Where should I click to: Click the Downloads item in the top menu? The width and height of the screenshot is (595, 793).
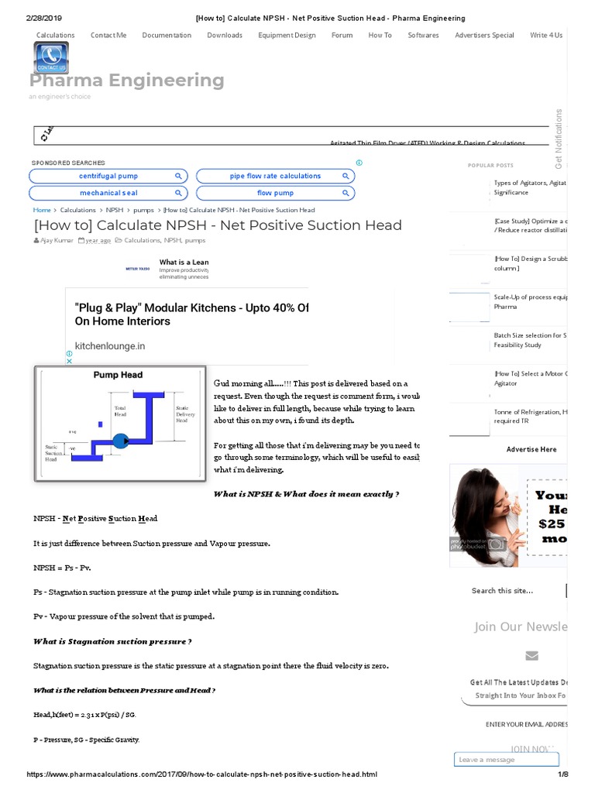225,35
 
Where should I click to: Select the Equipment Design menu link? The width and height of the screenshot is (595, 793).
287,35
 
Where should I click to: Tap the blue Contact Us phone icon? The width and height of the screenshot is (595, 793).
51,58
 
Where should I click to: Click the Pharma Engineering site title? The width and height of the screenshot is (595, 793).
127,81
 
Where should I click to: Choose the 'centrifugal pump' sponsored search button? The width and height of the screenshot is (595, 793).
108,177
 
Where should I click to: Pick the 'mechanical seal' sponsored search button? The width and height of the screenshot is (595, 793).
108,193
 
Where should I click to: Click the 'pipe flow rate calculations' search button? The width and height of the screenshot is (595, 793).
275,177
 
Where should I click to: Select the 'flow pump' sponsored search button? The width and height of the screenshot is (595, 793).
275,193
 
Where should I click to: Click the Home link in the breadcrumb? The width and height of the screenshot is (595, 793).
42,210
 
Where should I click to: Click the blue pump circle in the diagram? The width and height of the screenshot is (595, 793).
121,441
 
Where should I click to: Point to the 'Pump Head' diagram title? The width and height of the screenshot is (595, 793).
118,375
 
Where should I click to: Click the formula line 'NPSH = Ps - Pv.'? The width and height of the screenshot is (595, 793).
62,568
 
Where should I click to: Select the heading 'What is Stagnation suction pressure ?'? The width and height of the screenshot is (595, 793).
112,641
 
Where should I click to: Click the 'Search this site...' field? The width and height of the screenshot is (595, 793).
515,591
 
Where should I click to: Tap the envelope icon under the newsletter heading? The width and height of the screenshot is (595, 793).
531,656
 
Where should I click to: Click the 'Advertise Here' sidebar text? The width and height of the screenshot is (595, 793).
531,449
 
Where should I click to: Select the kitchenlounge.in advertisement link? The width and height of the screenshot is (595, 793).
109,346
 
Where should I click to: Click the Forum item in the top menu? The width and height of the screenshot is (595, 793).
342,35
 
